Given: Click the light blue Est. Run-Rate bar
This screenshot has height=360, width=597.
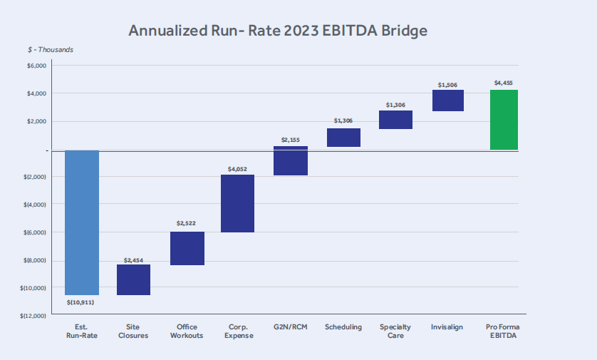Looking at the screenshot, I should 82,222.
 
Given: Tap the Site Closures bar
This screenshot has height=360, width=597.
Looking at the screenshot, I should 134,279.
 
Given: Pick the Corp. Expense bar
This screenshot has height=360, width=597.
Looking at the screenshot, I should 238,203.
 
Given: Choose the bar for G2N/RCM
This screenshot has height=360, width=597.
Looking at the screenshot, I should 290,161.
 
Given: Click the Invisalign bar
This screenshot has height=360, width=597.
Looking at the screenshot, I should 447,101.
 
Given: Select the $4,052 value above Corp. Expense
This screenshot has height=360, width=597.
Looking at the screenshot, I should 238,168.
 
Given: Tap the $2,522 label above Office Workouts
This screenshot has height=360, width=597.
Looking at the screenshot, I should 186,223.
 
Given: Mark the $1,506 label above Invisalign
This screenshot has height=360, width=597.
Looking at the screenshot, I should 447,85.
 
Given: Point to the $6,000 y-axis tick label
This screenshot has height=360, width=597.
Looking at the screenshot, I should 36,66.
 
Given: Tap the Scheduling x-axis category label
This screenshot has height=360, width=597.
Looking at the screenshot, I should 343,327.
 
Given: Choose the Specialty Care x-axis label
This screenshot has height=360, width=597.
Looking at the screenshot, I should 395,331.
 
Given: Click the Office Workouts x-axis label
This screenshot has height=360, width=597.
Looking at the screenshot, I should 186,331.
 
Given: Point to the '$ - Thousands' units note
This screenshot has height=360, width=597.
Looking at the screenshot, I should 50,50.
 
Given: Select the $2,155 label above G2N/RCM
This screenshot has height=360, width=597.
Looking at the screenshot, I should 291,140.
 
